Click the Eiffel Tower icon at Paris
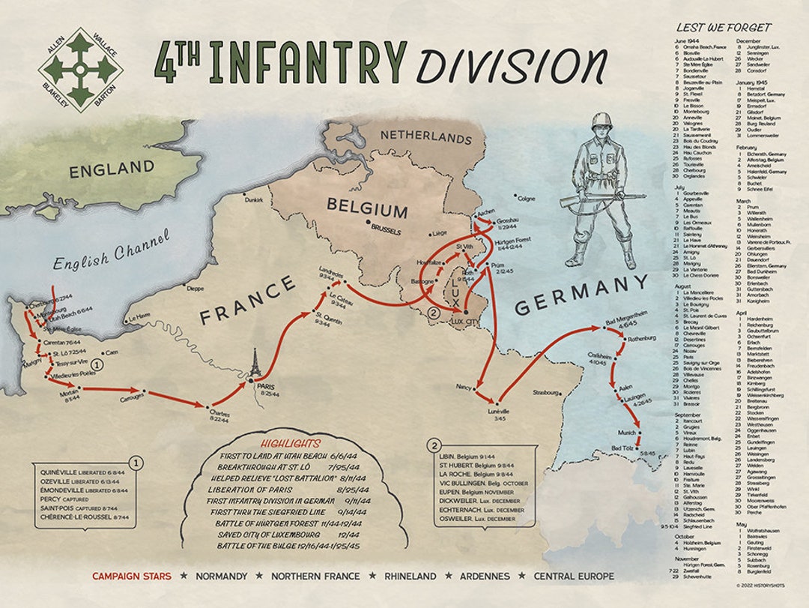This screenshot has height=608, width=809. tap(255, 365)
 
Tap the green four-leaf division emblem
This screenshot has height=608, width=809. tap(81, 70)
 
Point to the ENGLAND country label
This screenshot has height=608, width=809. tap(112, 169)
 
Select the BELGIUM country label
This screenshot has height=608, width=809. tap(366, 209)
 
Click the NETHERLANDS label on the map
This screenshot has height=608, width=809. tap(426, 136)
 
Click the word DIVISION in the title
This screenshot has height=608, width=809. tap(511, 65)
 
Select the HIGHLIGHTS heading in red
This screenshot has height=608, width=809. tap(290, 443)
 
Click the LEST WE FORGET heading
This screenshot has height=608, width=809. tap(723, 27)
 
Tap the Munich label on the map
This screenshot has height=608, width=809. tap(627, 433)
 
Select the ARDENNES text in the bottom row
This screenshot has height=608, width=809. tap(482, 577)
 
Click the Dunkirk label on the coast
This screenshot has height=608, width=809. tap(253, 200)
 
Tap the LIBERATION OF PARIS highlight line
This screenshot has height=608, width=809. tap(272, 487)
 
